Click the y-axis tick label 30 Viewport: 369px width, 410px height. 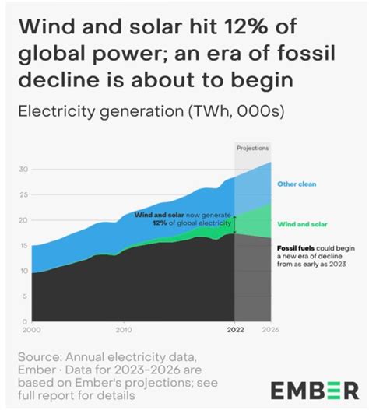(23, 170)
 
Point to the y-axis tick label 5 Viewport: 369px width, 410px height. (26, 296)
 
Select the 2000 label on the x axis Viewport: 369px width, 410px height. (30, 329)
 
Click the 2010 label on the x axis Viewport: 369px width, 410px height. (124, 329)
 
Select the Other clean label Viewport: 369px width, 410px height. (298, 185)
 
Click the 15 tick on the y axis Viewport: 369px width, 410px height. (23, 246)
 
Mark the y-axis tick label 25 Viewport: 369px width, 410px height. (23, 195)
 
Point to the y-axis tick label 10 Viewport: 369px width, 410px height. (23, 272)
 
